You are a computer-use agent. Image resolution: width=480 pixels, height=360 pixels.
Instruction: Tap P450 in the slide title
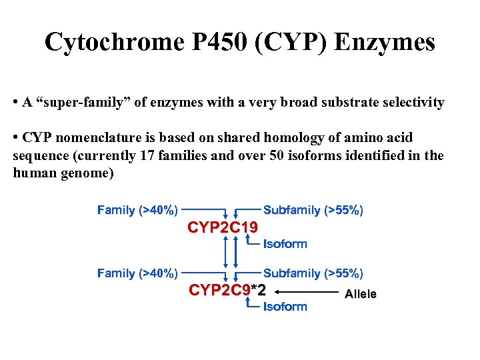click(214, 43)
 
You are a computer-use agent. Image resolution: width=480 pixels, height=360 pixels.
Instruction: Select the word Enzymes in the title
click(385, 43)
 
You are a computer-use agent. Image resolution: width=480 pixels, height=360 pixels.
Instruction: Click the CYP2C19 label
click(223, 229)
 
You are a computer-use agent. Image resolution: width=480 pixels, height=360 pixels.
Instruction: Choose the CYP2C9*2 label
click(227, 291)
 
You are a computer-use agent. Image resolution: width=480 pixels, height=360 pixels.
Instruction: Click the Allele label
click(360, 294)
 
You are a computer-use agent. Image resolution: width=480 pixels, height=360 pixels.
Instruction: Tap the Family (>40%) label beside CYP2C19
click(137, 211)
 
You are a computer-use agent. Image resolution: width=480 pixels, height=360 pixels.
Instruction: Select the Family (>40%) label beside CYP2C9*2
click(137, 273)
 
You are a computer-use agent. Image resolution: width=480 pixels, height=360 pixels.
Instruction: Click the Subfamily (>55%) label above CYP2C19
click(313, 211)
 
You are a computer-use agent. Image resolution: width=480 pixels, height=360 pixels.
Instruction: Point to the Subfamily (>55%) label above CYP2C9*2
click(313, 273)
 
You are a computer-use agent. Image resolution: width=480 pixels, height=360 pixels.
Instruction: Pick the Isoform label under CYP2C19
click(285, 244)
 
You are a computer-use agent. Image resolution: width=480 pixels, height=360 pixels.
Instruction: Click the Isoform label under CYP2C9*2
click(285, 307)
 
